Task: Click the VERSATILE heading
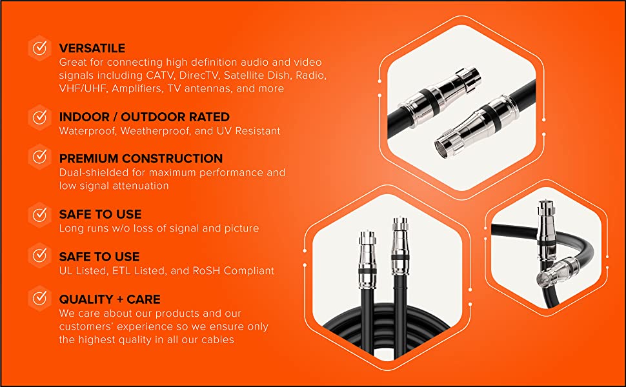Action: point(92,48)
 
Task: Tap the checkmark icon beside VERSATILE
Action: point(40,48)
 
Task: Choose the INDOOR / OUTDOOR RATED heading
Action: point(144,117)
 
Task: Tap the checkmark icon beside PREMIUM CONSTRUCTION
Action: point(40,157)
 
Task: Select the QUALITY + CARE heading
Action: point(110,299)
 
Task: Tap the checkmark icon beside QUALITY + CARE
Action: point(40,298)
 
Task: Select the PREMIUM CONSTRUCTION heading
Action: point(141,159)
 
